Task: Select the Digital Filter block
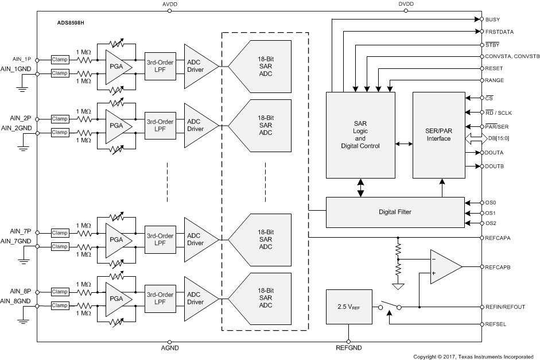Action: [395, 212]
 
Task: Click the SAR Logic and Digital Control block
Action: [360, 135]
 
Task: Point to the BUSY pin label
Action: [492, 19]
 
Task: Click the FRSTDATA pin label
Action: [499, 32]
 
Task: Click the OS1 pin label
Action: [490, 213]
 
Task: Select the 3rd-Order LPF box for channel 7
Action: [159, 239]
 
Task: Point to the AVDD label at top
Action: [170, 4]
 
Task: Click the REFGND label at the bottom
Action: [348, 349]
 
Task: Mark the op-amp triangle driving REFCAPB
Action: [444, 267]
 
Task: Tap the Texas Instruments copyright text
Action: [476, 357]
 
